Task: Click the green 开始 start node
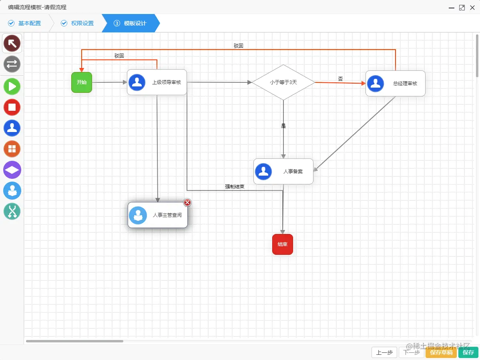pos(82,82)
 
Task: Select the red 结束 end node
pos(283,244)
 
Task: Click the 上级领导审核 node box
pos(157,82)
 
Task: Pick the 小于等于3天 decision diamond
pos(283,82)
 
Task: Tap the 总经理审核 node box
pos(395,84)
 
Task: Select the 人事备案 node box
pos(283,171)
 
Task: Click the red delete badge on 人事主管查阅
pos(187,202)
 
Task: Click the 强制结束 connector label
pos(235,187)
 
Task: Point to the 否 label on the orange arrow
pos(340,79)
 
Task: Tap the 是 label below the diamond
pos(283,126)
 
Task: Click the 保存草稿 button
pos(441,352)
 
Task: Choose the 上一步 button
pos(384,352)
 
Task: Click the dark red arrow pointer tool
pos(12,43)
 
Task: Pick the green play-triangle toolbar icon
pos(12,86)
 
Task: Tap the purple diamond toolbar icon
pos(12,170)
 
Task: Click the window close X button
pos(472,8)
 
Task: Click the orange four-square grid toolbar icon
pos(12,149)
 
